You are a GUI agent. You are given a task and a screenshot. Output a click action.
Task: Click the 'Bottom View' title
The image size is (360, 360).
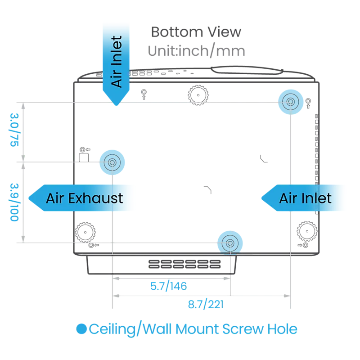pyautogui.click(x=196, y=31)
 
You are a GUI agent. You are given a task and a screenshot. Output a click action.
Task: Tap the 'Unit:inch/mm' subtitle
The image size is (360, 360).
pyautogui.click(x=197, y=50)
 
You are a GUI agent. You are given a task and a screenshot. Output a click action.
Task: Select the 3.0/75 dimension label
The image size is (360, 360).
pyautogui.click(x=14, y=130)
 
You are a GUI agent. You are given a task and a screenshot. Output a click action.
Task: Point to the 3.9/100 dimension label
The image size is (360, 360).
pyautogui.click(x=14, y=202)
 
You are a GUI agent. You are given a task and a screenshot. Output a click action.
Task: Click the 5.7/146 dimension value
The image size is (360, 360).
pyautogui.click(x=168, y=286)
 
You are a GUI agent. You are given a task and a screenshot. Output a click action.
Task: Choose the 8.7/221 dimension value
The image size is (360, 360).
pyautogui.click(x=206, y=305)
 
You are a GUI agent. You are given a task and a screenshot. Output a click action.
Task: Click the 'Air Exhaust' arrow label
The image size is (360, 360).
pyautogui.click(x=81, y=198)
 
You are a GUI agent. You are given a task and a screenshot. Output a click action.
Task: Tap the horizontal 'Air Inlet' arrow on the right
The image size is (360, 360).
pyautogui.click(x=303, y=198)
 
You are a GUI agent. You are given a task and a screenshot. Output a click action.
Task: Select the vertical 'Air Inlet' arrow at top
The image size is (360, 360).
pyautogui.click(x=116, y=64)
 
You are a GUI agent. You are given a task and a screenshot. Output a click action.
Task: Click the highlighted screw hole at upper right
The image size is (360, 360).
pyautogui.click(x=291, y=102)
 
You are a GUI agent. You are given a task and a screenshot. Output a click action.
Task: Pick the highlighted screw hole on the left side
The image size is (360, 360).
pyautogui.click(x=112, y=162)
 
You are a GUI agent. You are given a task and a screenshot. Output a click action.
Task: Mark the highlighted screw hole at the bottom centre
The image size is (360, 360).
pyautogui.click(x=230, y=243)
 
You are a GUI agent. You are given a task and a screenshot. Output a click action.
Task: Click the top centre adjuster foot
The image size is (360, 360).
pyautogui.click(x=198, y=95)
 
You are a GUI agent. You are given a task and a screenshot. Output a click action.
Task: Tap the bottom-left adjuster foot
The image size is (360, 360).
pyautogui.click(x=85, y=232)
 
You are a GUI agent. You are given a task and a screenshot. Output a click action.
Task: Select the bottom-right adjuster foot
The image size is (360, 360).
pyautogui.click(x=307, y=231)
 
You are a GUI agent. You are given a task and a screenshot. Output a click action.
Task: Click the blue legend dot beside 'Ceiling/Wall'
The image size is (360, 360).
pyautogui.click(x=81, y=329)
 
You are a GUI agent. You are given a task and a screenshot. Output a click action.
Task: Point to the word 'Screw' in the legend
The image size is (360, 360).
pyautogui.click(x=243, y=329)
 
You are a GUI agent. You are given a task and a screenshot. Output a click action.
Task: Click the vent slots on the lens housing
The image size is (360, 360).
pyautogui.click(x=184, y=264)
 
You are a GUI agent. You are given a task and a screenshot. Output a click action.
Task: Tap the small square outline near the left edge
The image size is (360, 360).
pyautogui.click(x=84, y=158)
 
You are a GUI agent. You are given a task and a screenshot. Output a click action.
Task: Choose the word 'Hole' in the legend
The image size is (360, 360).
pyautogui.click(x=283, y=329)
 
